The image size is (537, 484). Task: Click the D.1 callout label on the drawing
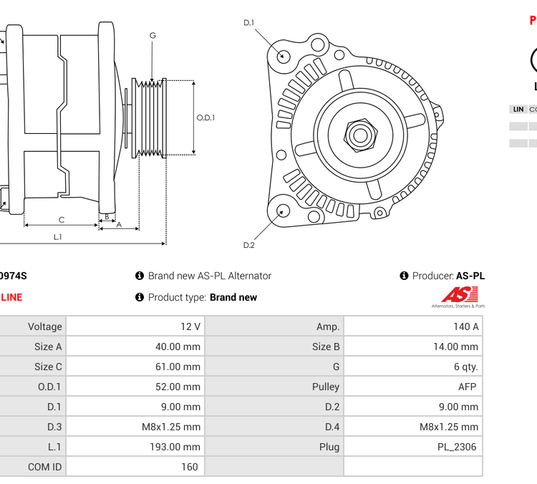point(249,23)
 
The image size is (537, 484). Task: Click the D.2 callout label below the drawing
point(249,245)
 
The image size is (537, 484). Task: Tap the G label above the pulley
point(153,36)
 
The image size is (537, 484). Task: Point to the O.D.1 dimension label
point(205,118)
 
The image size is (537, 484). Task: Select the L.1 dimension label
point(58,237)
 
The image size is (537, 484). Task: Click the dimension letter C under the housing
point(62,220)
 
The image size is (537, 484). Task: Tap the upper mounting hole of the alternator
point(284,55)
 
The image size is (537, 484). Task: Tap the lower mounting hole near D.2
point(284,210)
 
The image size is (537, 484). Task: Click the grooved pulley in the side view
point(152,118)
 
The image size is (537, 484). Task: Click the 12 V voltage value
point(190,326)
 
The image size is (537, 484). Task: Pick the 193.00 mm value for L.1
point(177,447)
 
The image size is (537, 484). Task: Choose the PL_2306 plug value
point(458,447)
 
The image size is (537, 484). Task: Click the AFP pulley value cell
point(467,387)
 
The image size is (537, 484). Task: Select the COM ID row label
point(44,467)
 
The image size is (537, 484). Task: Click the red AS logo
point(458,295)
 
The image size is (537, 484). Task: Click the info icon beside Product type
point(140,297)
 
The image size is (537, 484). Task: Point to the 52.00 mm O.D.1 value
point(179,387)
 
